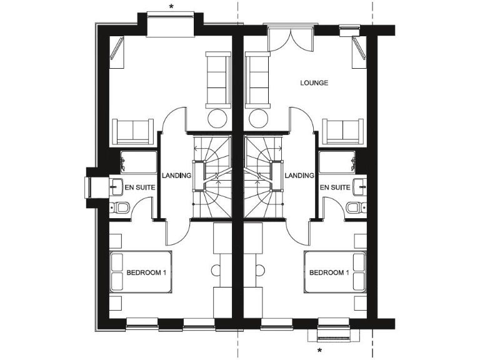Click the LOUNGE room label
coord(314,83)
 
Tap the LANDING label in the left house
coord(176,176)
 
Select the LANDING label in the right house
coord(299,176)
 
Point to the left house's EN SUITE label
coord(140,187)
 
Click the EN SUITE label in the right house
coord(334,187)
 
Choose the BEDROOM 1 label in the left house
coord(146,273)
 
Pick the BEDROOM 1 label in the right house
coord(328,273)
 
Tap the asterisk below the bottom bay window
coord(320,351)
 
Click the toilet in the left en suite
coord(121,207)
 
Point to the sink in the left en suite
coord(117,185)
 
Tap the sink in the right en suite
coord(358,185)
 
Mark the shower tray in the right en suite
coord(337,161)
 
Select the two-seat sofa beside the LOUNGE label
coord(256,78)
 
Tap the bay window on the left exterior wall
coord(89,188)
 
